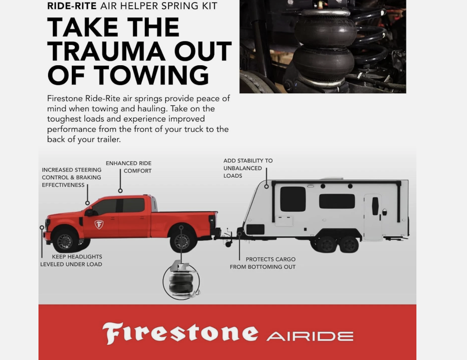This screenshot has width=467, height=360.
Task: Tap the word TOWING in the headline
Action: pos(151,75)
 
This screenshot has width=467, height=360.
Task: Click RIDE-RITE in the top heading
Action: pos(72,6)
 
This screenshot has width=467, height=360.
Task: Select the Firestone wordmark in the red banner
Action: pos(180,333)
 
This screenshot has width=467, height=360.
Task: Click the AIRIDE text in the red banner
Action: pos(310,337)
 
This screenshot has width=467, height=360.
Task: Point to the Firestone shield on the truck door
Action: pos(99,224)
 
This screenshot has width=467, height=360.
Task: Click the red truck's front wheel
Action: pos(64,241)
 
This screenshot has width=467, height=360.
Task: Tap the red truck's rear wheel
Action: pos(182,241)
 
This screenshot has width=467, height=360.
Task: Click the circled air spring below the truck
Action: pos(181,281)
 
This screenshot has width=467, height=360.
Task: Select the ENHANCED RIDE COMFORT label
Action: pos(129,167)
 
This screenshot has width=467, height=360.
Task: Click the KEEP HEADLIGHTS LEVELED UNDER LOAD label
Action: pos(71,261)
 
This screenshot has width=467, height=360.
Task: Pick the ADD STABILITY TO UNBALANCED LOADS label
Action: pos(248,168)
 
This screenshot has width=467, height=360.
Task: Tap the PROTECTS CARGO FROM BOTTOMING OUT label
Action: pos(263,263)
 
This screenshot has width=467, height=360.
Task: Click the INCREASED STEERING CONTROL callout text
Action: pos(71,178)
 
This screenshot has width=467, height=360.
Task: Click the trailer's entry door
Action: pos(373,217)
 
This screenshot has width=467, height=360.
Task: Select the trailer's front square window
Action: pos(293,199)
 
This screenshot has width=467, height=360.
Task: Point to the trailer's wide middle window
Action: pos(337,201)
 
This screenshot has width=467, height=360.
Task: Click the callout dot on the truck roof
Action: pos(120,191)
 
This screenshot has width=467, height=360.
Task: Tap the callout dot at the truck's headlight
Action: pos(42,227)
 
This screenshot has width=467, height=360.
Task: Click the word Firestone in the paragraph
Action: pos(65,99)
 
